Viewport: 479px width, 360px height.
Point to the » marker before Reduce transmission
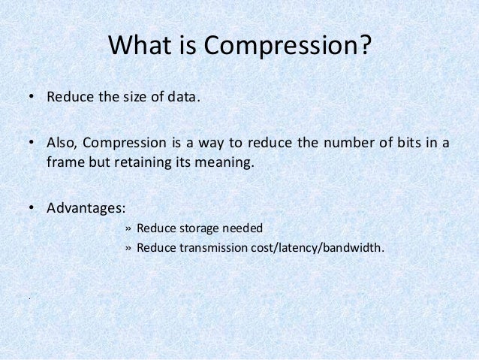[x=128, y=248]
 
